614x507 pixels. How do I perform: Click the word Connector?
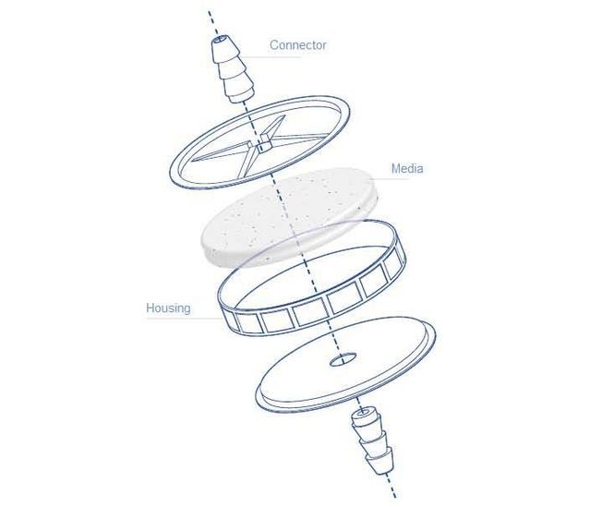tap(297, 44)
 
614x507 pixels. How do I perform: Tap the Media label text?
tap(406, 169)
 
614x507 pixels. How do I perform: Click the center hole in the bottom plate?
tap(342, 356)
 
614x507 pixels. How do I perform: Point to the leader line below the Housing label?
tap(185, 320)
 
